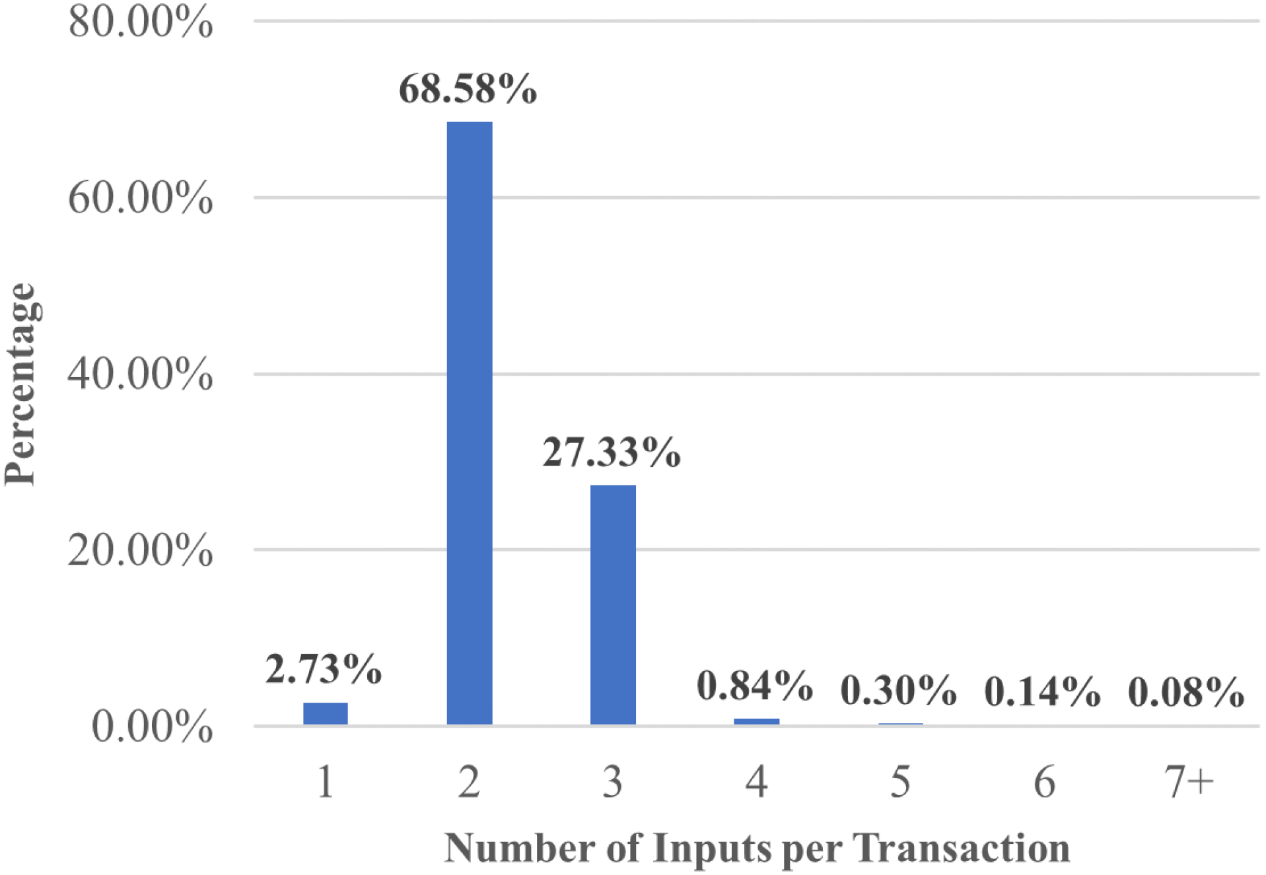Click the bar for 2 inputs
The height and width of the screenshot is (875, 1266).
[x=469, y=423]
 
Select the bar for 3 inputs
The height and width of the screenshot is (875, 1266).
[x=613, y=604]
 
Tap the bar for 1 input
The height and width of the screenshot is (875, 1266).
[x=325, y=713]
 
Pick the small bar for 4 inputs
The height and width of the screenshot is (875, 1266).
[x=756, y=722]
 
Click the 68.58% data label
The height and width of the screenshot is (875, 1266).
[x=468, y=89]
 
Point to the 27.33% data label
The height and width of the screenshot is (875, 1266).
[x=612, y=453]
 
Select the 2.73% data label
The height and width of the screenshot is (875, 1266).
[x=324, y=669]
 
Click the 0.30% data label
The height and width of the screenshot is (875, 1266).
[x=898, y=691]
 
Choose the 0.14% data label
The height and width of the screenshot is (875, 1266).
[x=1042, y=692]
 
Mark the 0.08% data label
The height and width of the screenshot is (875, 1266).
[x=1186, y=693]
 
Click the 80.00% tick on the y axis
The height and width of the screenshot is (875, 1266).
[x=140, y=22]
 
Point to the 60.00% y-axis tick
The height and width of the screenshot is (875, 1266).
[x=140, y=197]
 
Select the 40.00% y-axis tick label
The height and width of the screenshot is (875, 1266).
[x=140, y=374]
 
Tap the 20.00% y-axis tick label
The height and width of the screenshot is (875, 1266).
[x=140, y=549]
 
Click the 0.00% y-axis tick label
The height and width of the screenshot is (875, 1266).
[x=152, y=726]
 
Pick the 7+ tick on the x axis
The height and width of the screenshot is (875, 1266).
[x=1188, y=783]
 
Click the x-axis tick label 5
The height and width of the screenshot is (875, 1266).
[x=900, y=783]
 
